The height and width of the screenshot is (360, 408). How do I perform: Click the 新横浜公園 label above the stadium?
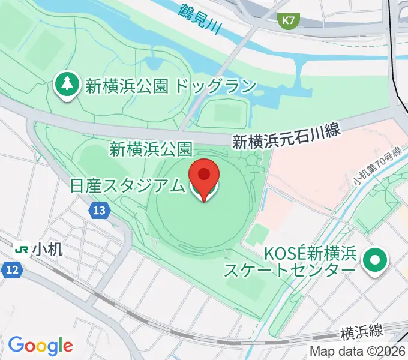point(151,149)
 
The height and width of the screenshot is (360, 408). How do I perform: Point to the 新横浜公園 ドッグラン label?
point(171,86)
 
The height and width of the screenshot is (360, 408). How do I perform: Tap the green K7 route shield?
point(289,20)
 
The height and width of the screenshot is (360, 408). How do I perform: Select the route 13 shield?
point(100,210)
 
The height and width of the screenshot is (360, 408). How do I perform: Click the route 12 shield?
point(13,270)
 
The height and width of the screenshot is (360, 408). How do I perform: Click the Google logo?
point(40,346)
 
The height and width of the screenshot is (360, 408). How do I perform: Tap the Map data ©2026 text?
point(358,351)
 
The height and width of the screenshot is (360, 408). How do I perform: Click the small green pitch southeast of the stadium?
point(258,233)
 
